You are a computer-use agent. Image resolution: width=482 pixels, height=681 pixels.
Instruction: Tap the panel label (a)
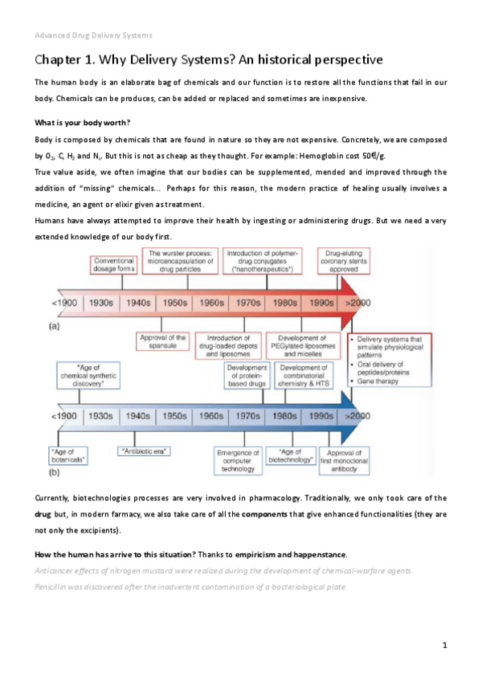click(56, 326)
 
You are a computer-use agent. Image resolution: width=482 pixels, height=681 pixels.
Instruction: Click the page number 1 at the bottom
click(444, 645)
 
